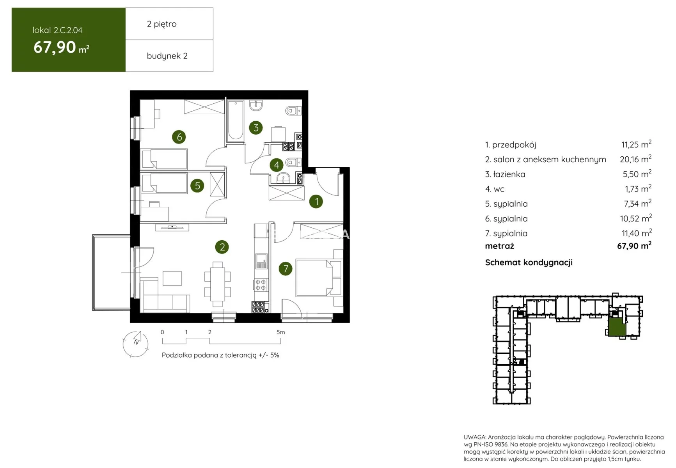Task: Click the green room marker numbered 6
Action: coord(179,137)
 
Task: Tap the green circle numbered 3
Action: coord(256,128)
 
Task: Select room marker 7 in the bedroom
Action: coord(286,269)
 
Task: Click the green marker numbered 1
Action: coord(316,201)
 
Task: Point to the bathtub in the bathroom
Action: coord(236,120)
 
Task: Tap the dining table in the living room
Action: coord(218,281)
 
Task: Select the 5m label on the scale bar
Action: coord(281,332)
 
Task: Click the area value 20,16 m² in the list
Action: coord(635,159)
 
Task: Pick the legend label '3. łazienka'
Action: coord(505,174)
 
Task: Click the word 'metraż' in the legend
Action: coord(500,246)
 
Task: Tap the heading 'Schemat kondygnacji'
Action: coord(529,262)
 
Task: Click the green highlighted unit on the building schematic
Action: coord(617,327)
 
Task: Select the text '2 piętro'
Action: coord(161,24)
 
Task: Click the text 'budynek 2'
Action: coord(167,56)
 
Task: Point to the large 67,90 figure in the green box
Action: coord(55,47)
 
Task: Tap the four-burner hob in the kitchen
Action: coord(261,285)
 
